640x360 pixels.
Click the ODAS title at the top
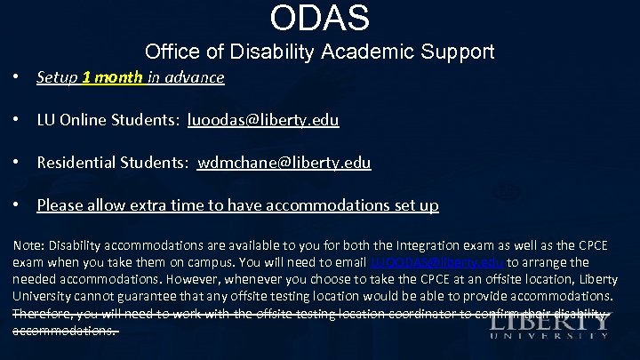click(x=320, y=17)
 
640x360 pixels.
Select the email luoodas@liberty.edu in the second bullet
click(x=263, y=119)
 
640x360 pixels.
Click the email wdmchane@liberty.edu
click(x=284, y=163)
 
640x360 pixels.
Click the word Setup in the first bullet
click(x=56, y=77)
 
